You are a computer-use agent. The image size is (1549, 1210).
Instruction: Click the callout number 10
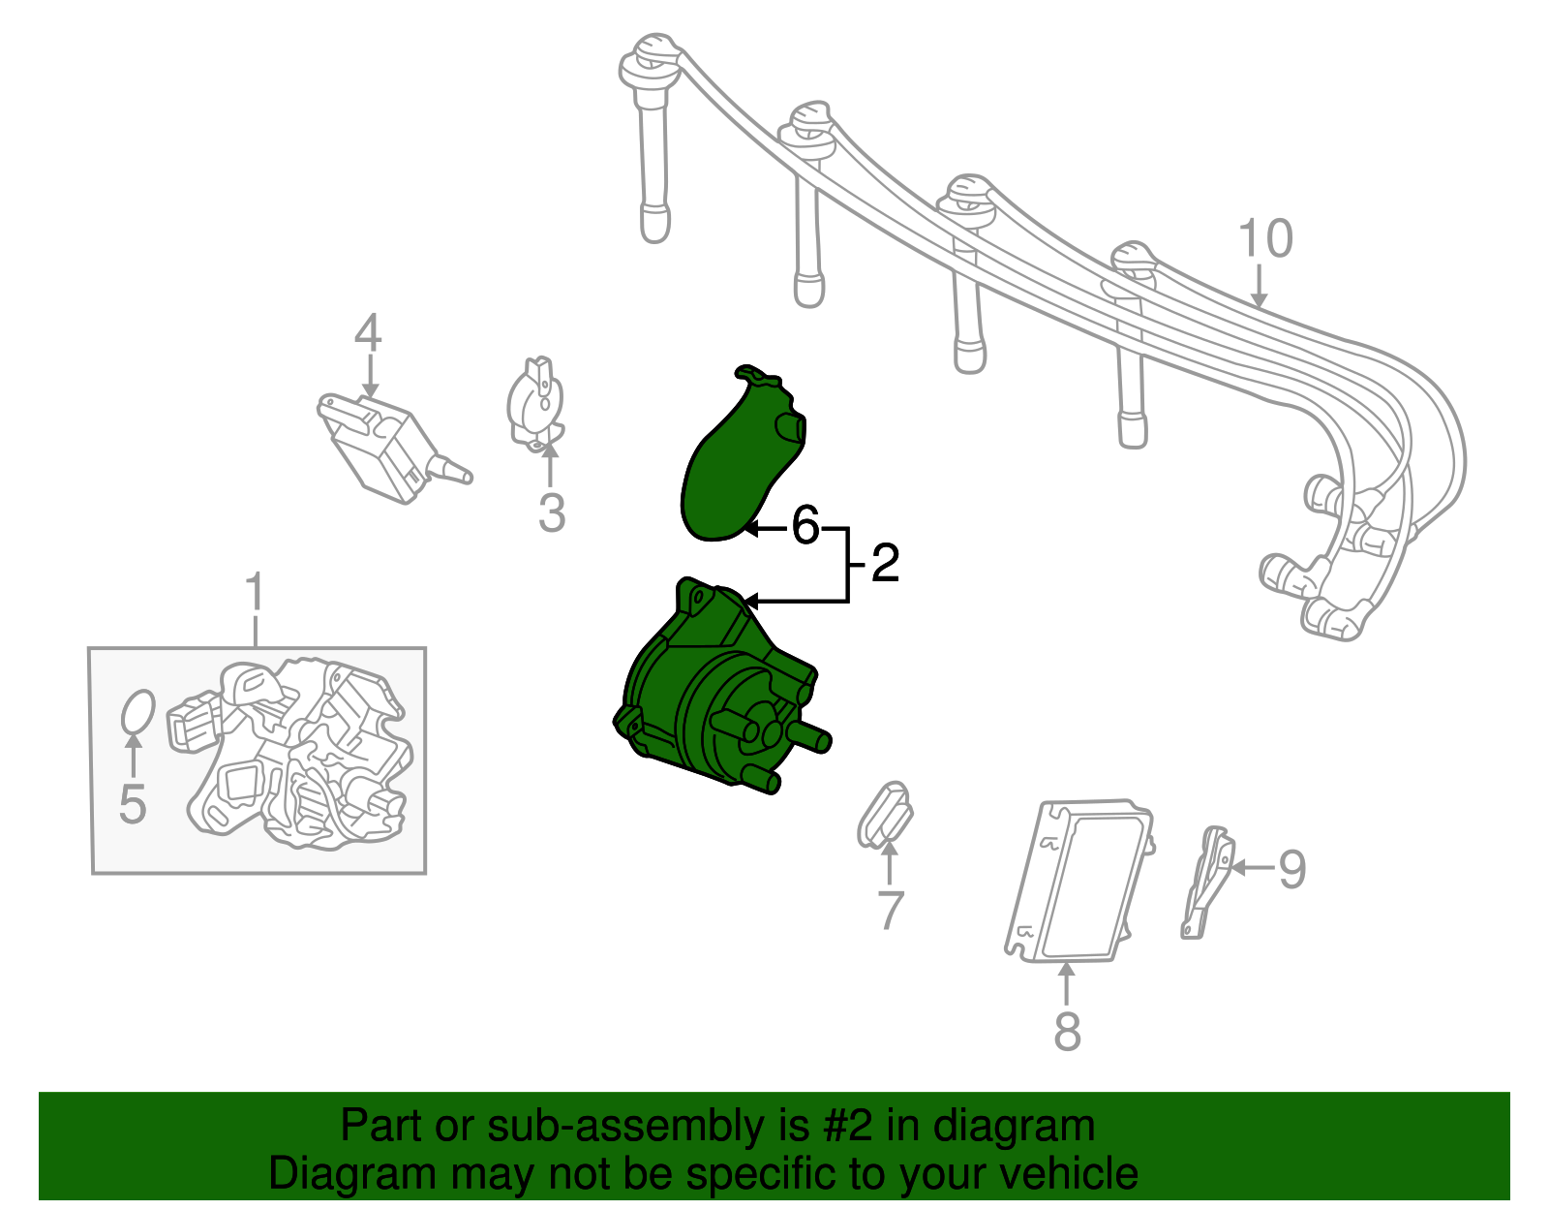[1265, 239]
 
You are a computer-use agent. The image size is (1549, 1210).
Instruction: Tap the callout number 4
[368, 333]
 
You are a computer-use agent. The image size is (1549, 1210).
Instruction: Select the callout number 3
[551, 513]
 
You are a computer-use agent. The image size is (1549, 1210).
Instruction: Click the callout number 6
[805, 527]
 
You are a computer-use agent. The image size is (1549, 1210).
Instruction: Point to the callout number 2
[885, 564]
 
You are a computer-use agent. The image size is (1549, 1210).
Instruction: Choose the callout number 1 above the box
[255, 593]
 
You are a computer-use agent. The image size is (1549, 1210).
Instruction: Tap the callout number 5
[133, 804]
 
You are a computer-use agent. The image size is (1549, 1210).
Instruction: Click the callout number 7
[889, 911]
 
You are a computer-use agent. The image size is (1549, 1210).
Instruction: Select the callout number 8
[1067, 1031]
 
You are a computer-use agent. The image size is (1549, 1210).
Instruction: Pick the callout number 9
[1291, 869]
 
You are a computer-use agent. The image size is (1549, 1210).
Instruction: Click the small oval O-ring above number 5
[137, 713]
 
